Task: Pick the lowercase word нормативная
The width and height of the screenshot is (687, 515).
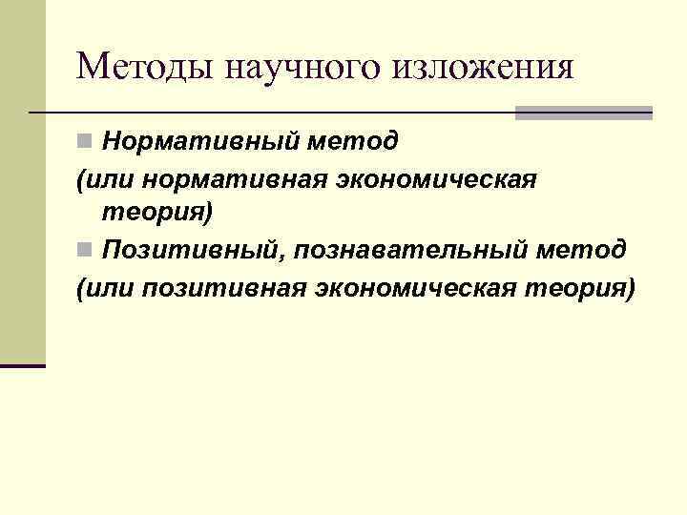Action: pyautogui.click(x=224, y=179)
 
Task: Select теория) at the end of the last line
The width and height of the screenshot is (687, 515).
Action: pyautogui.click(x=583, y=287)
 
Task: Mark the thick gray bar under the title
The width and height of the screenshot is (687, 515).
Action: pyautogui.click(x=584, y=113)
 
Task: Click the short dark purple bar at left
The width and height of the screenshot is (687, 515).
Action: pyautogui.click(x=23, y=365)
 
